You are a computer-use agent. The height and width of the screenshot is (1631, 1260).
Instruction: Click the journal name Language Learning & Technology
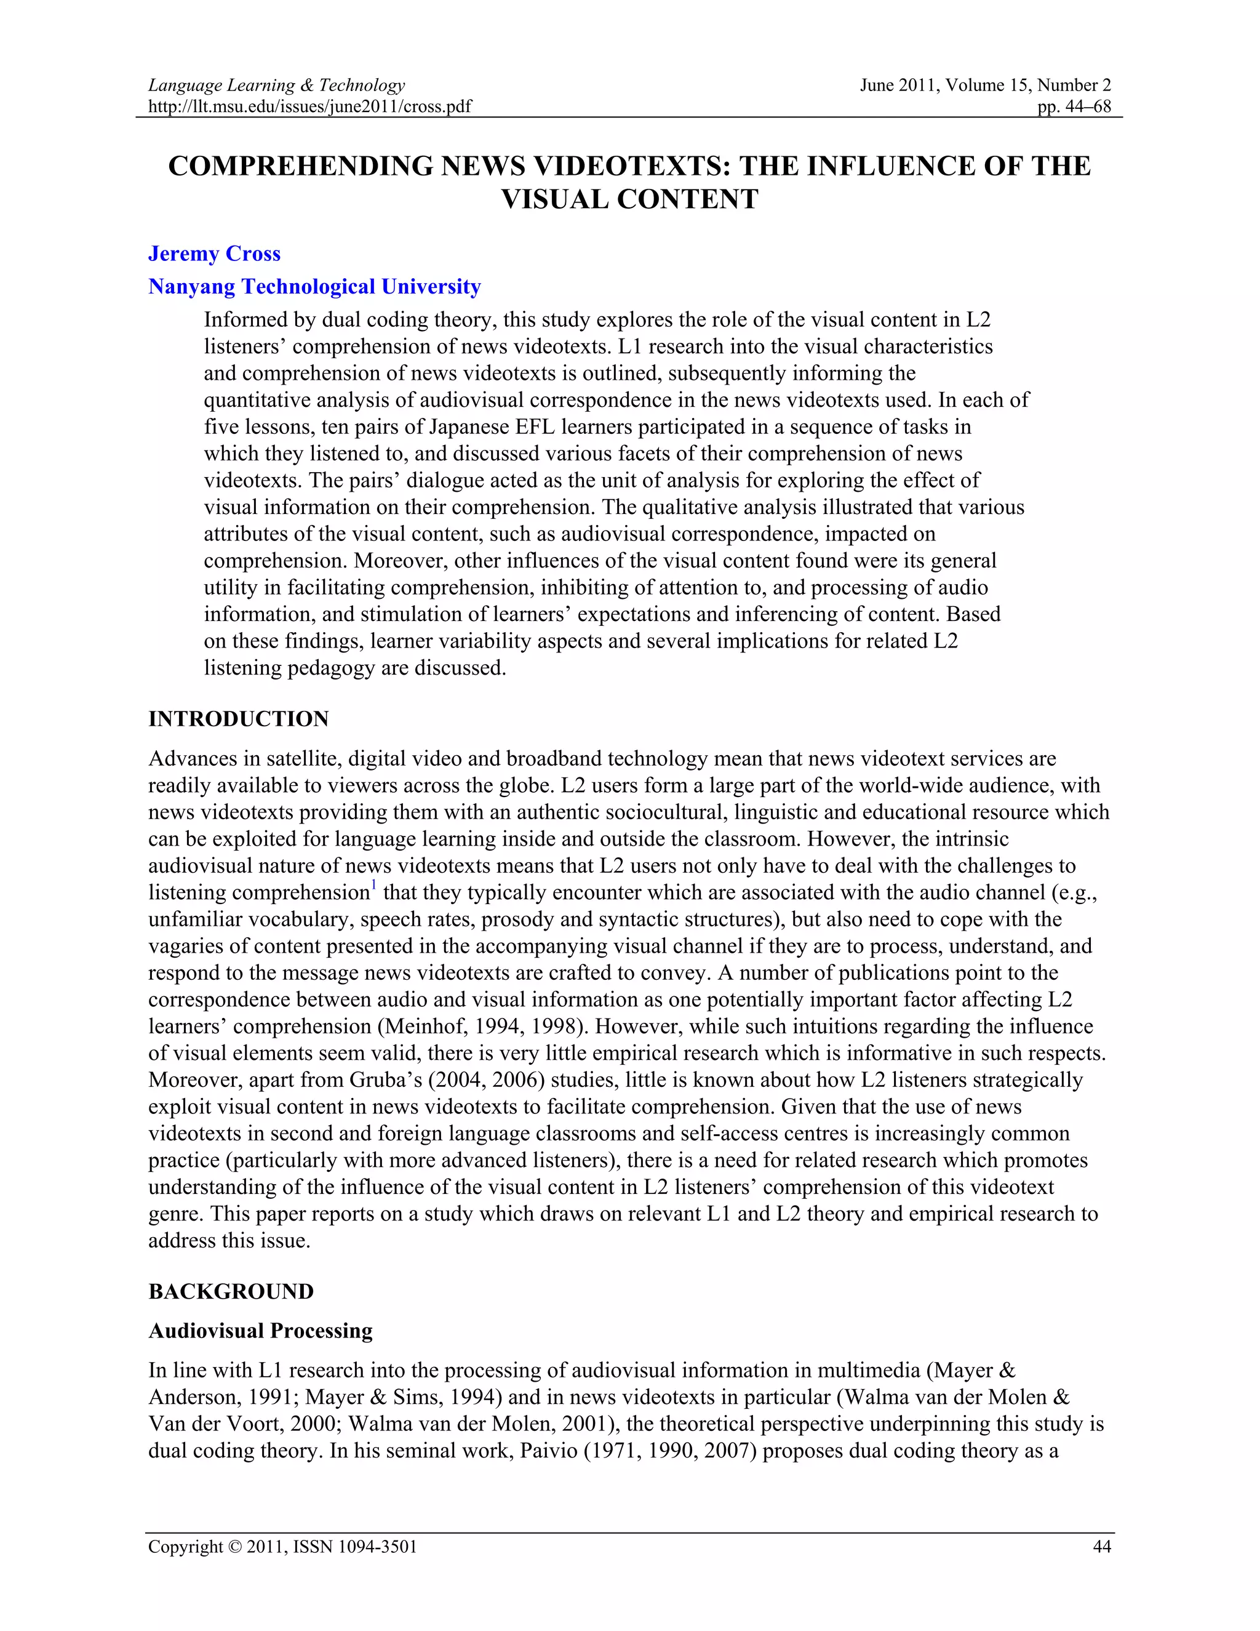click(276, 85)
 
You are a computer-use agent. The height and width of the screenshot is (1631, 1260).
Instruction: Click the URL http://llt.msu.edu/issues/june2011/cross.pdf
click(310, 106)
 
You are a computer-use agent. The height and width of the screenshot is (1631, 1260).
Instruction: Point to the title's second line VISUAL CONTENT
click(629, 199)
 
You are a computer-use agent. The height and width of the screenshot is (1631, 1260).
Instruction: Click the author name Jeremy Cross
click(214, 254)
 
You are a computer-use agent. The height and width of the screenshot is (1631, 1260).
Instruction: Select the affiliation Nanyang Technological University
click(314, 287)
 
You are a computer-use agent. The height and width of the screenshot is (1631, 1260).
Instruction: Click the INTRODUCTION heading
click(238, 719)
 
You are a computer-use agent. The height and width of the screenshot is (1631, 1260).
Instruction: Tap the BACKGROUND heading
click(231, 1292)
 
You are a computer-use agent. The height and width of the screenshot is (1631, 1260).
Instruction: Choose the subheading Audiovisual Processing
click(260, 1331)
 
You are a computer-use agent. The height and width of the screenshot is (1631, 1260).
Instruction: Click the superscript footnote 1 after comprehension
click(374, 886)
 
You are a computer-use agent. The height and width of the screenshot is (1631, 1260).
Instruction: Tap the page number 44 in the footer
click(1102, 1547)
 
